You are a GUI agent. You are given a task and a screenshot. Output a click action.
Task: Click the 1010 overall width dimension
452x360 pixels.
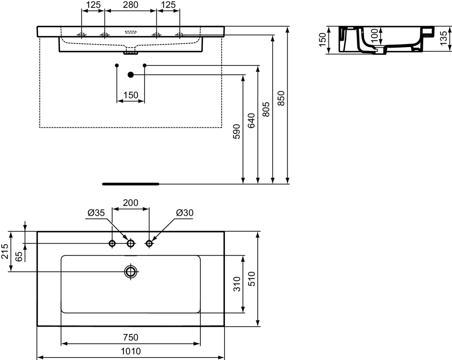click(x=131, y=351)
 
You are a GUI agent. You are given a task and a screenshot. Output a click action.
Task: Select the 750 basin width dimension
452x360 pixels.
click(x=131, y=337)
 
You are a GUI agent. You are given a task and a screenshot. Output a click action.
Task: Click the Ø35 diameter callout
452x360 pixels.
click(x=96, y=213)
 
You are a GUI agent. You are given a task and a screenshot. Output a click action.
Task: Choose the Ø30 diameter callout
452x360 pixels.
click(x=185, y=213)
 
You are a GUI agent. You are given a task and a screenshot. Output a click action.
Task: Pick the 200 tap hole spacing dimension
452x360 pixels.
click(x=131, y=202)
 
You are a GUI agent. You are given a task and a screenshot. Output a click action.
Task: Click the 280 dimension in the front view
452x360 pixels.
click(x=130, y=5)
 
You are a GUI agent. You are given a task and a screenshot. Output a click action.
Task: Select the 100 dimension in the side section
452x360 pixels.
click(x=374, y=36)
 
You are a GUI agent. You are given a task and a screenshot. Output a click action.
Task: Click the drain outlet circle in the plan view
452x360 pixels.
click(x=131, y=271)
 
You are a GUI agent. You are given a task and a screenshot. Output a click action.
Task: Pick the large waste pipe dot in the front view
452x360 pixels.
click(x=131, y=75)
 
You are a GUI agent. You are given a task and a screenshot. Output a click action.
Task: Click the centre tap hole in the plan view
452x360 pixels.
click(x=131, y=244)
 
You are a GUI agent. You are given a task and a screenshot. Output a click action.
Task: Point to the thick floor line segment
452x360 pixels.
click(x=131, y=184)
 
